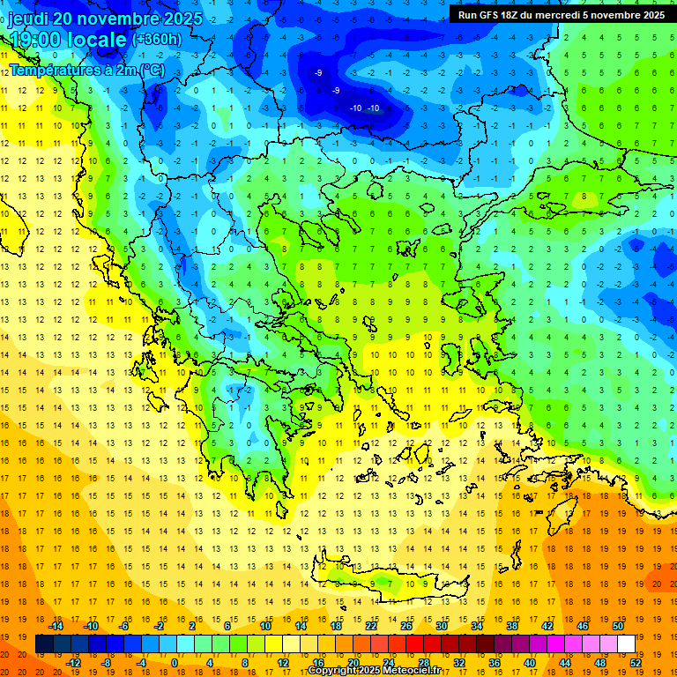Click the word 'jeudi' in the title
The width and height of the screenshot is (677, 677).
click(x=28, y=19)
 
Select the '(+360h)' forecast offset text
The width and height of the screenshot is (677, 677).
click(x=157, y=39)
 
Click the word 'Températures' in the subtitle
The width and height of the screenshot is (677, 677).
click(x=53, y=69)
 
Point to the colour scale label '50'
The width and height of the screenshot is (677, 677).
click(x=616, y=626)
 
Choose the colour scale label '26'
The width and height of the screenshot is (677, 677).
click(x=406, y=626)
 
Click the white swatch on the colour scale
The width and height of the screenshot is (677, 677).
click(x=625, y=644)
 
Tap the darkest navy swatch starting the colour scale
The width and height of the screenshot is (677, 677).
click(x=44, y=644)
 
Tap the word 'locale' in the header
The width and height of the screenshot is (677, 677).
click(x=100, y=39)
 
